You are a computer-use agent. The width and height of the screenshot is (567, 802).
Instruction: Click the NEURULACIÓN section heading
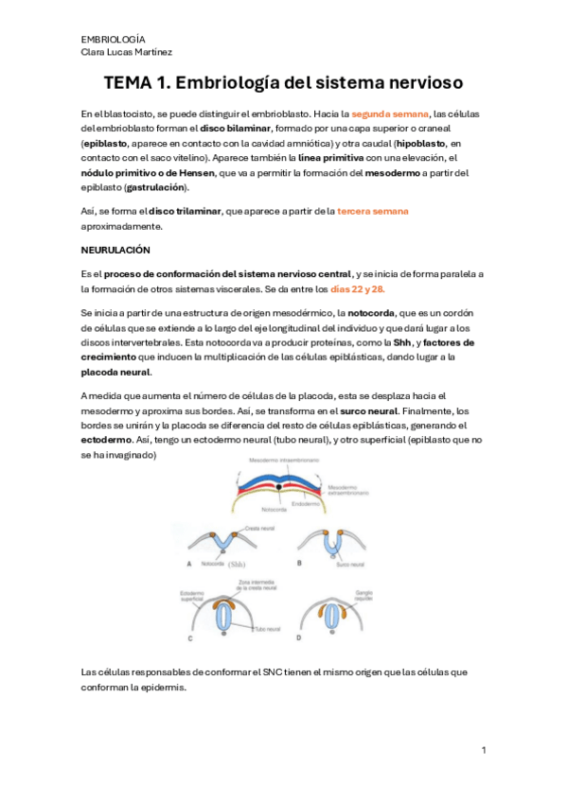pos(115,250)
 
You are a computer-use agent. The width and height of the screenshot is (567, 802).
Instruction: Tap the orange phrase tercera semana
pos(373,211)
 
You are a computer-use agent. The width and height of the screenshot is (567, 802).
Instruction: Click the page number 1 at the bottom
pos(483,750)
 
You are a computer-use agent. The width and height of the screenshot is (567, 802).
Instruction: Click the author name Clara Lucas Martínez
pos(126,52)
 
